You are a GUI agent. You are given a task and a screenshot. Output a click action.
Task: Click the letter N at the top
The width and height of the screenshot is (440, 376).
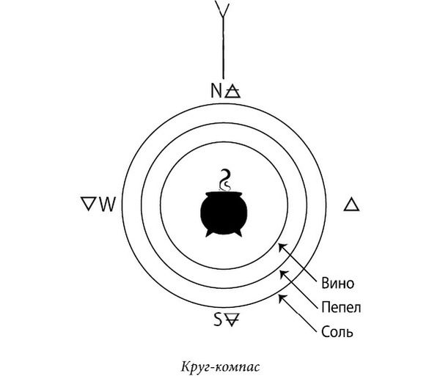click(216, 91)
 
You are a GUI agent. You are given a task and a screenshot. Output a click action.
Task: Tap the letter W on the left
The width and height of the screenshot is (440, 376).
click(108, 204)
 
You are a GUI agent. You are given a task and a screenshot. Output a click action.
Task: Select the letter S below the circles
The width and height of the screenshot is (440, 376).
click(219, 320)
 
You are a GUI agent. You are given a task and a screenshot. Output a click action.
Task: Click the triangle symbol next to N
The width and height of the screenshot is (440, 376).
click(233, 91)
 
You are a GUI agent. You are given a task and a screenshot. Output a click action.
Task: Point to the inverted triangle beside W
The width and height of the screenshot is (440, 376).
click(89, 203)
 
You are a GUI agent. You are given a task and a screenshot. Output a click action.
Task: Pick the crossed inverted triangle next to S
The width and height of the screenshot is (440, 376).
click(232, 320)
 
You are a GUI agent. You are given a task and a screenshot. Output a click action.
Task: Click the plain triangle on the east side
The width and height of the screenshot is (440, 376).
click(351, 204)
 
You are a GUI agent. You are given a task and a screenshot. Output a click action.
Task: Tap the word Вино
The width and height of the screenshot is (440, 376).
click(337, 283)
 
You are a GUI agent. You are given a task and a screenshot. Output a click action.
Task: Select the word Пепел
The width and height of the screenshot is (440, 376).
click(341, 307)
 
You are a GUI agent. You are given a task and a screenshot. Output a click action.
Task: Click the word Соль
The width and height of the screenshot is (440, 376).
click(337, 332)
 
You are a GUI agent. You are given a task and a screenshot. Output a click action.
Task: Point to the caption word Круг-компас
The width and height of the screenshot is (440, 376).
click(220, 367)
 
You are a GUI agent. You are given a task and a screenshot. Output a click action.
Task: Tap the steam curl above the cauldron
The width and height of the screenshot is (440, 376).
click(225, 180)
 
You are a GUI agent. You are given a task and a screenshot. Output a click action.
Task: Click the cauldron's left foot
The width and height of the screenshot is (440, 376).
click(209, 233)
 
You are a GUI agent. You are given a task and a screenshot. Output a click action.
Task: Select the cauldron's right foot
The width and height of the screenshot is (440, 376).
click(238, 232)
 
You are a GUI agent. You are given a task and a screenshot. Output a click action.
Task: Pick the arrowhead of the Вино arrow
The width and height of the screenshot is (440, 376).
click(282, 247)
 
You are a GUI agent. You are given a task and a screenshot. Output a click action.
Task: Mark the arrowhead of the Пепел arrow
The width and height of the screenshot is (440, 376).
click(283, 273)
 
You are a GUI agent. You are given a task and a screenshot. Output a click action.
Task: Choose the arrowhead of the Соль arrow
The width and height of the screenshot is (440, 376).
click(282, 298)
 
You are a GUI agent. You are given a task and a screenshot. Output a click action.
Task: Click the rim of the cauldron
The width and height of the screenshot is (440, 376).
click(224, 194)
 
